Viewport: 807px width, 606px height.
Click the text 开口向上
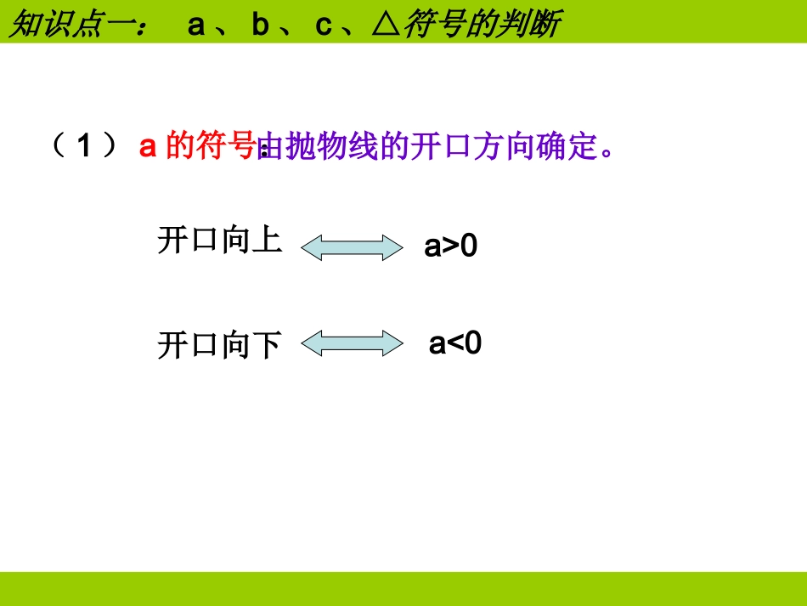click(x=219, y=241)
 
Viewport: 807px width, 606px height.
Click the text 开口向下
click(x=219, y=346)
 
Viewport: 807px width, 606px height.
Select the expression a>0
click(x=451, y=246)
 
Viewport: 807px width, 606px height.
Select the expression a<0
click(x=455, y=344)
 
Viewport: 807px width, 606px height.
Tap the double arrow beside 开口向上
click(x=352, y=247)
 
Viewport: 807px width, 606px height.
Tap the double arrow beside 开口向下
click(x=352, y=344)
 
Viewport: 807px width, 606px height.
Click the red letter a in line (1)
click(x=148, y=147)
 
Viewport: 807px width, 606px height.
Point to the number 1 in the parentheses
click(x=85, y=147)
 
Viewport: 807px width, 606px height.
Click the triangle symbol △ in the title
click(x=387, y=25)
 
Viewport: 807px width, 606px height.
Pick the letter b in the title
click(x=260, y=25)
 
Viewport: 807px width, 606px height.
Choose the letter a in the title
click(x=196, y=25)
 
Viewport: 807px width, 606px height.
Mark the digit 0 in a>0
click(x=468, y=246)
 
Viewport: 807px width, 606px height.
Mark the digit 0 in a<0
click(x=472, y=344)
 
